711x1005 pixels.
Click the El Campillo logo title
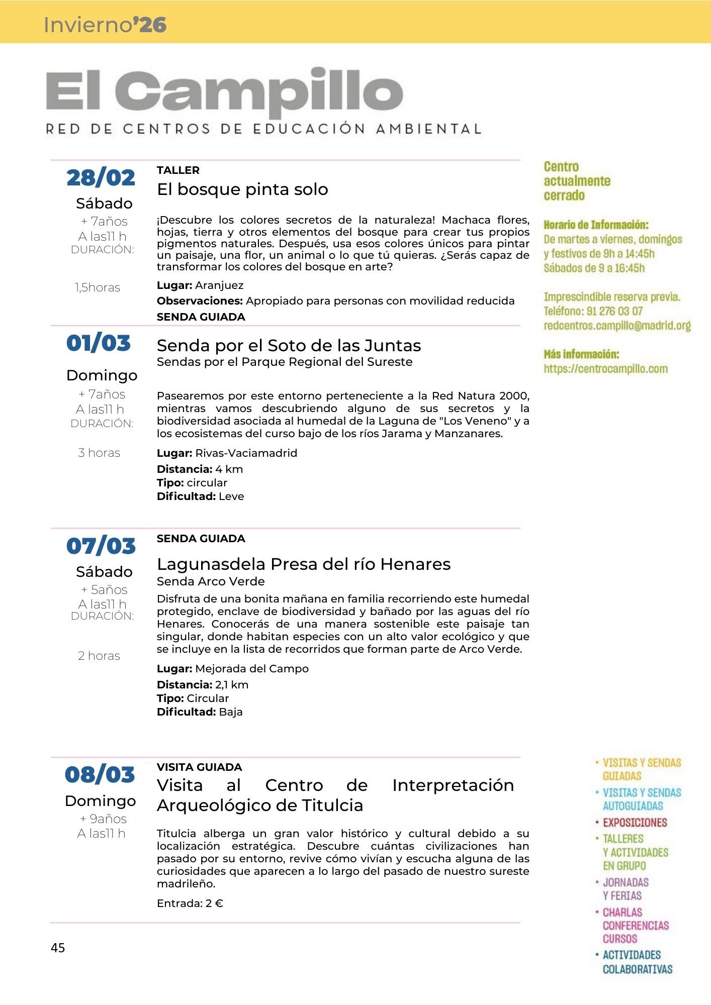224,92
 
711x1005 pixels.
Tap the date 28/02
101,178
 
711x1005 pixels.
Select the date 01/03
99,343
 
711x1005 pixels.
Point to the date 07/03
101,546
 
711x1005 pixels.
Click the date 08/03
100,774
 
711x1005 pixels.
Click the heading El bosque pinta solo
242,189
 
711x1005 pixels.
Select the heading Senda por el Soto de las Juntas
289,346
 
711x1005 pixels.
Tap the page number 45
58,948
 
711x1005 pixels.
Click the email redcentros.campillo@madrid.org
617,326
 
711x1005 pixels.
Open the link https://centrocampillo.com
605,369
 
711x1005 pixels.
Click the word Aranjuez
219,285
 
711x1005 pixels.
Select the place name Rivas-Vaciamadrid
246,453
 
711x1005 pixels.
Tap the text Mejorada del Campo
251,669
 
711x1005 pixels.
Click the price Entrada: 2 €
190,903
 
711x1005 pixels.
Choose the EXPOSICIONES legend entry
635,823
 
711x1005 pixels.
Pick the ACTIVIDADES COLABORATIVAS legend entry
637,962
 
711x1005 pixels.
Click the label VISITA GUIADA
199,767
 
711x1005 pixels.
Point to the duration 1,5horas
98,287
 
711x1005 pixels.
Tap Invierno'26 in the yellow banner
105,25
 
